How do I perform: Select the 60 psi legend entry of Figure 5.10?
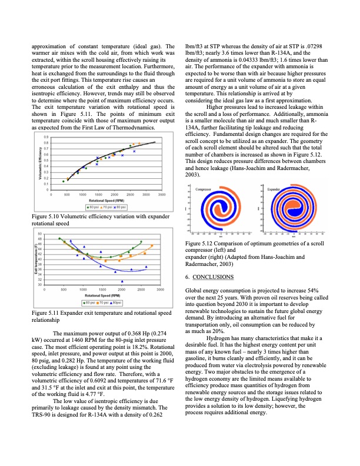coord(93,207)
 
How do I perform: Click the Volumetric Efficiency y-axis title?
coord(40,162)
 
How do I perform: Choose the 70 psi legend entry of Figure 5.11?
coord(104,302)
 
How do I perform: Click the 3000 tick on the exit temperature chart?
coord(159,290)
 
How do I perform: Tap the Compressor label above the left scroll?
coord(204,189)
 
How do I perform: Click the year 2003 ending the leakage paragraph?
coord(193,175)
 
